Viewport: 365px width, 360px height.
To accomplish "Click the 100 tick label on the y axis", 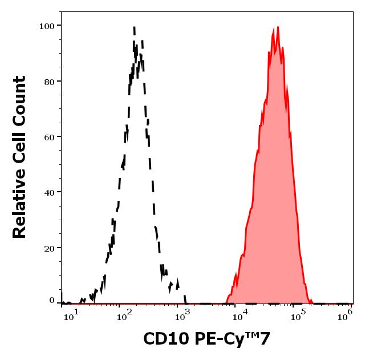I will (46, 26).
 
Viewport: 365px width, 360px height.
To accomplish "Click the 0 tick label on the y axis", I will (51, 300).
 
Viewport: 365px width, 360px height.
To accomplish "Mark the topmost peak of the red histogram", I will (277, 27).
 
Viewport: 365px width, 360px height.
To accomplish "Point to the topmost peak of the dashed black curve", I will (134, 26).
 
